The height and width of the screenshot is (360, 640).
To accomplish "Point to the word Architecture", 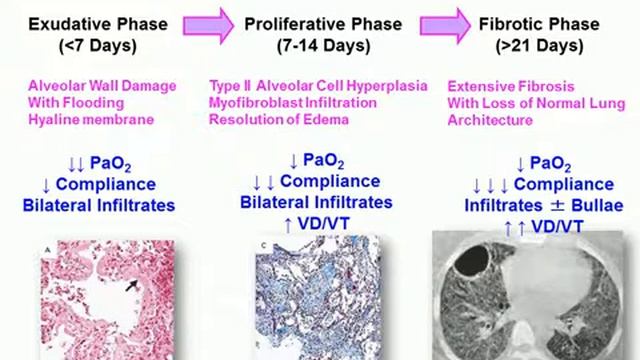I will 491,120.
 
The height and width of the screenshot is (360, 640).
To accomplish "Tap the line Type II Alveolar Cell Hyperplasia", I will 318,87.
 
